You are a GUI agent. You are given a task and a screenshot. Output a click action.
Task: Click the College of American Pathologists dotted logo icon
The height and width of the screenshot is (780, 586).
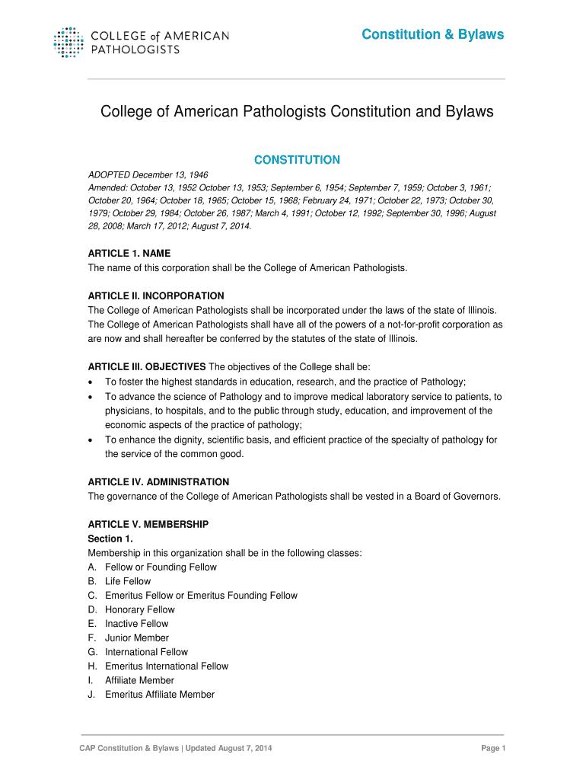point(68,42)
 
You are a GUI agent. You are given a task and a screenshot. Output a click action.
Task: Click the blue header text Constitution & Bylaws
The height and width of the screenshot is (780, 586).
point(432,34)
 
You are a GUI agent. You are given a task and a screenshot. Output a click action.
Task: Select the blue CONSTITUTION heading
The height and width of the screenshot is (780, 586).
point(297,160)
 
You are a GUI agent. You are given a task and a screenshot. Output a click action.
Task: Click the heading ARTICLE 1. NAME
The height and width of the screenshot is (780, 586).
point(129,253)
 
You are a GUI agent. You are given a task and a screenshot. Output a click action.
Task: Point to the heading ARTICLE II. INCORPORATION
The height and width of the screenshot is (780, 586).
point(156,296)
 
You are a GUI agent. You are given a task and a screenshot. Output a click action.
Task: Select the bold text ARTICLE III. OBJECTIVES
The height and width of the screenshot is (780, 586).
point(147,367)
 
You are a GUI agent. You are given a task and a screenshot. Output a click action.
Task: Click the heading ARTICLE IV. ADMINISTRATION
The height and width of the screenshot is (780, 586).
point(158,482)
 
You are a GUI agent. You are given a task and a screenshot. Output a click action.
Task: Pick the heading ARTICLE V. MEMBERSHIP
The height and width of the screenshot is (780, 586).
point(148,525)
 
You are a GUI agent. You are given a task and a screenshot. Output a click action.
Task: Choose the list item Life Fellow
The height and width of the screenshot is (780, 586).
point(128,581)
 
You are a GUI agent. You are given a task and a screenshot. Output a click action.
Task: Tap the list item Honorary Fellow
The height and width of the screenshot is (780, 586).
point(140,609)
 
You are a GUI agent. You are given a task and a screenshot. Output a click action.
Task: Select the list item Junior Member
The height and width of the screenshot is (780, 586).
point(137,638)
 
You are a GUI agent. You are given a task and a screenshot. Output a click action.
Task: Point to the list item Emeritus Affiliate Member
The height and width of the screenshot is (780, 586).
point(160,695)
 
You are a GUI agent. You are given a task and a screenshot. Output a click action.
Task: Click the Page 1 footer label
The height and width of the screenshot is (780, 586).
point(493,749)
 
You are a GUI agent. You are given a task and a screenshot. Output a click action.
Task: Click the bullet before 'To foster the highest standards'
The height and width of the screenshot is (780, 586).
point(91,382)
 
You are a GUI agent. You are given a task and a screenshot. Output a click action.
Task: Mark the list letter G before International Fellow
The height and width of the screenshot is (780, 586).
point(92,652)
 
